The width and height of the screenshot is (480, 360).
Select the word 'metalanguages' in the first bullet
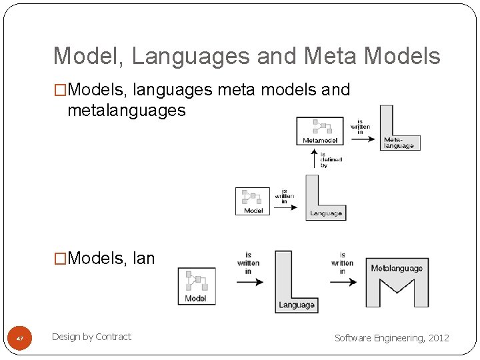[x=126, y=110]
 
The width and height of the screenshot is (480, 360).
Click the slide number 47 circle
[x=19, y=339]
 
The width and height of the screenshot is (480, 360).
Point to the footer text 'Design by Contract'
[x=91, y=337]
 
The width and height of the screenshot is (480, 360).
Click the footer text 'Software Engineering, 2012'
[x=391, y=338]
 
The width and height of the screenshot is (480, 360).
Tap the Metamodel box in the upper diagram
[x=320, y=131]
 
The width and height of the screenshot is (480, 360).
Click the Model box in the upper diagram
[x=253, y=201]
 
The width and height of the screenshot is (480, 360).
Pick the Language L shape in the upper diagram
[x=320, y=200]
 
